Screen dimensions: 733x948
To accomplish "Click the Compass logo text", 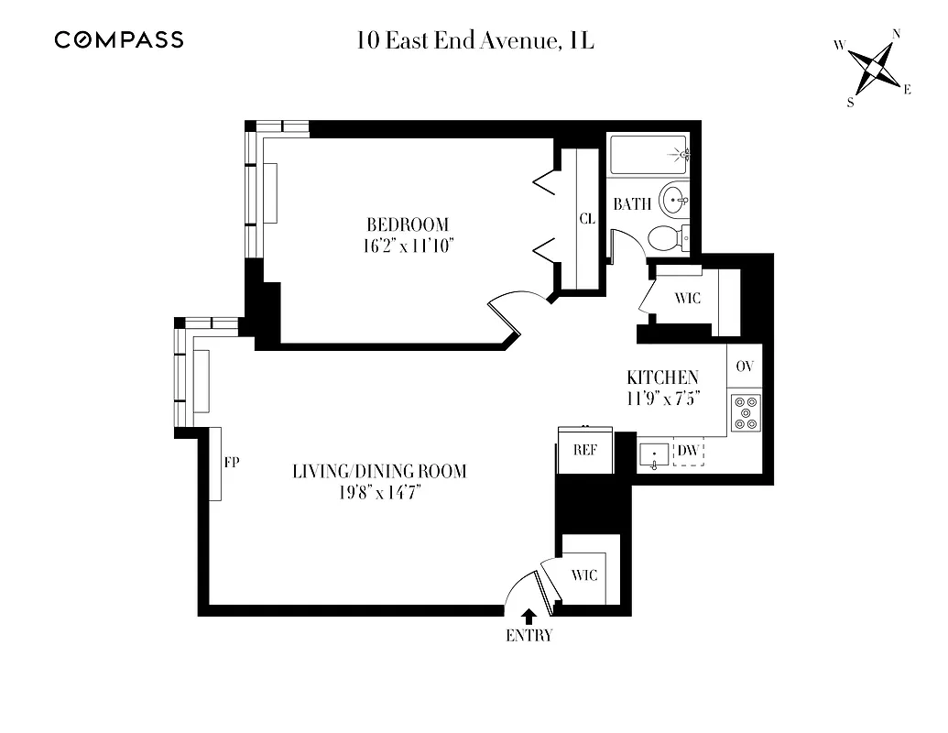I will tap(118, 39).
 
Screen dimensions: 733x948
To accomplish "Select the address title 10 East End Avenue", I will tap(475, 40).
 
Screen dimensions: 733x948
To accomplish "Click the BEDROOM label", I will tap(408, 224).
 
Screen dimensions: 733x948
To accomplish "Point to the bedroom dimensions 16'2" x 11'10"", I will tap(409, 245).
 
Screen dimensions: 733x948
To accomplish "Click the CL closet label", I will tap(587, 219).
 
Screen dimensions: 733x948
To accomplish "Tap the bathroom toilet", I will tap(669, 238).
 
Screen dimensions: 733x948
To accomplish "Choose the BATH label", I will tap(632, 203).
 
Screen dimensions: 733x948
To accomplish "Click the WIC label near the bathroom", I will tap(687, 299).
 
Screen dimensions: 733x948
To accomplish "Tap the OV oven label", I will tap(745, 366).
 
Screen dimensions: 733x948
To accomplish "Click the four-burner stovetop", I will tap(745, 411).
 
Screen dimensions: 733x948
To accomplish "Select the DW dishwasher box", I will tap(689, 451).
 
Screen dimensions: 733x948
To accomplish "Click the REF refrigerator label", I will tap(584, 450).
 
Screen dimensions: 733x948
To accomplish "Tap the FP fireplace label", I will tap(232, 463).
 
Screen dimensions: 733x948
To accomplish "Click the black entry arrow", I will tap(528, 616).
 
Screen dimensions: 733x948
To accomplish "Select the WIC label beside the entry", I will tap(584, 575).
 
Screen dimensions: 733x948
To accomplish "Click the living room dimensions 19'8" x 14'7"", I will tap(379, 493).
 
